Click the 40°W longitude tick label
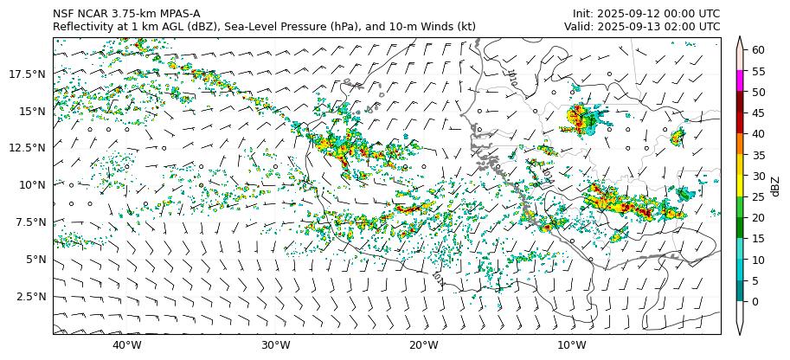[127, 346]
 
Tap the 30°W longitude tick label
[275, 346]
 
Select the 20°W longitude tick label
[423, 346]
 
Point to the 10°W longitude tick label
[571, 346]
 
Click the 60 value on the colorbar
[758, 50]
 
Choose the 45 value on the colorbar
[758, 113]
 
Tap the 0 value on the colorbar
[755, 302]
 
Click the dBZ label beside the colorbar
[775, 186]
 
